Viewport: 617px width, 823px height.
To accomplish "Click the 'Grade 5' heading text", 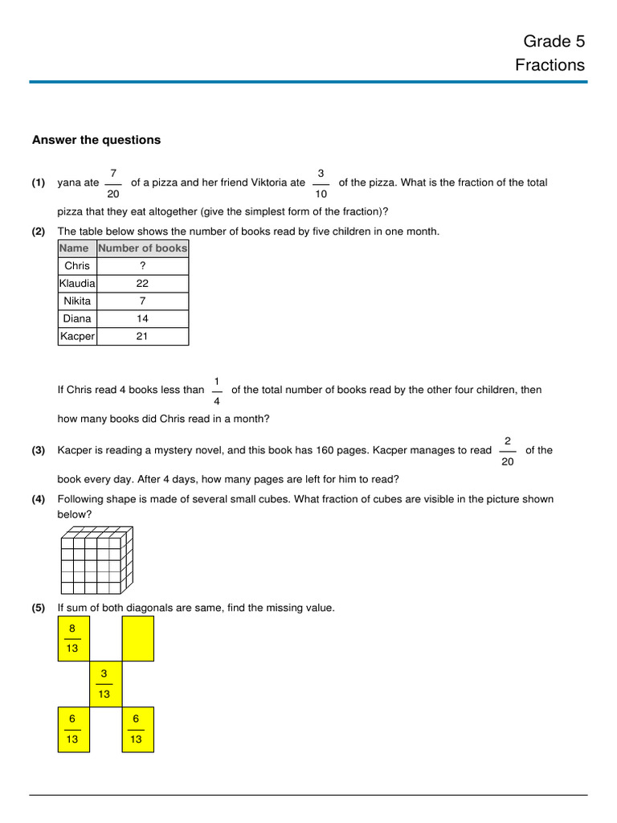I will (554, 41).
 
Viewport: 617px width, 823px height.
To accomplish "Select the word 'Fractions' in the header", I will (550, 65).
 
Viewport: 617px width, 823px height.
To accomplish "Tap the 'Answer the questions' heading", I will (96, 140).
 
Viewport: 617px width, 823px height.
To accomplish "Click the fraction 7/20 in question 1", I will (113, 183).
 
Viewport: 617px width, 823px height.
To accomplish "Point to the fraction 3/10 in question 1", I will (321, 183).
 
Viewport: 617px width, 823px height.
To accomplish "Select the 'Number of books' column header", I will (142, 248).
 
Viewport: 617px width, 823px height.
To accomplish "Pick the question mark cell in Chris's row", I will (142, 266).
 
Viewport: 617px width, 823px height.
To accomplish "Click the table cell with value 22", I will (142, 284).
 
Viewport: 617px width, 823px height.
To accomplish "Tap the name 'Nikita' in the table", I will (77, 301).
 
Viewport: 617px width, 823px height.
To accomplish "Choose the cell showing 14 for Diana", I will (142, 319).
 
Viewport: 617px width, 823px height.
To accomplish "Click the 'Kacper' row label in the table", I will (77, 337).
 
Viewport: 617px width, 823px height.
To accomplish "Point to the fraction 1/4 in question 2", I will (217, 391).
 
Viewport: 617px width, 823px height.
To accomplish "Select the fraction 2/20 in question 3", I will (507, 451).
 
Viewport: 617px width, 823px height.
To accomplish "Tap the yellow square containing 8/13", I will (73, 639).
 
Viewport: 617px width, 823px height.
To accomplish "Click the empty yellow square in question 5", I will (137, 639).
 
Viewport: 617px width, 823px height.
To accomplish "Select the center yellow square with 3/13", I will (105, 684).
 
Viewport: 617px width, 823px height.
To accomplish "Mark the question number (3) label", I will (39, 451).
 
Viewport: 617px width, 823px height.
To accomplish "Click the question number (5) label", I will (39, 608).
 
